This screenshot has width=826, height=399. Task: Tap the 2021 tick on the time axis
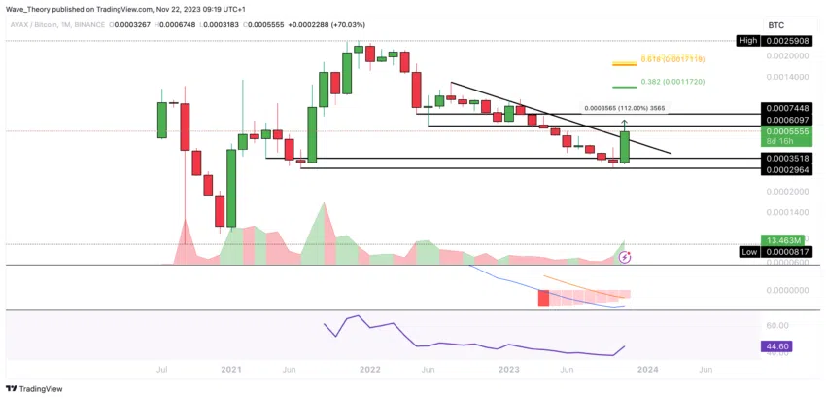click(230, 370)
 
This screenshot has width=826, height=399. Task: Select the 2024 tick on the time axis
click(648, 370)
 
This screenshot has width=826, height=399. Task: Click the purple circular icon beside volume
click(626, 257)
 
